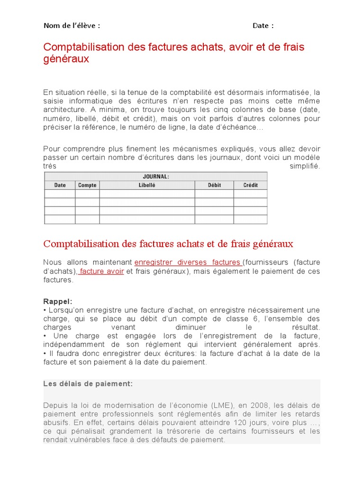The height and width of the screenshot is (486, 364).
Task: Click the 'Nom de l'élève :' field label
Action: tap(72, 26)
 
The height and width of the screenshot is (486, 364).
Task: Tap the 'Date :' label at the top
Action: tap(263, 26)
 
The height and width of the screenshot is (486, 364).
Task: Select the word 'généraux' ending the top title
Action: tap(66, 59)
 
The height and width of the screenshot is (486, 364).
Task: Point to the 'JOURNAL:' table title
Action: tap(156, 177)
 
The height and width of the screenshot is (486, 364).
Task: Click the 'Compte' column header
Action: tap(87, 185)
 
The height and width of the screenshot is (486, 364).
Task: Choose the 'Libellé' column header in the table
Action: tap(147, 185)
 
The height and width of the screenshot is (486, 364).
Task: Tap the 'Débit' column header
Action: tap(214, 185)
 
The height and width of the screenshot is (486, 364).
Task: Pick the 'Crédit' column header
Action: tap(250, 185)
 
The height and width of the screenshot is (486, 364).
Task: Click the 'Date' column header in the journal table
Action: tap(60, 185)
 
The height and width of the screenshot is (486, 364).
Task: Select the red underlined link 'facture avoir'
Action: tap(101, 271)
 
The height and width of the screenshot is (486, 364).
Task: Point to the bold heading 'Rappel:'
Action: tap(58, 301)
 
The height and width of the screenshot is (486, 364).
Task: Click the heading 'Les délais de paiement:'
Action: tap(88, 383)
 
